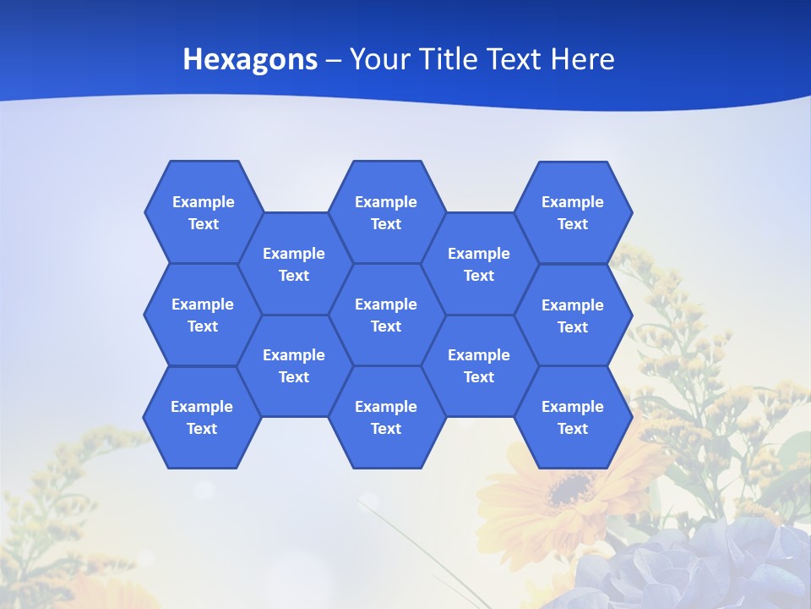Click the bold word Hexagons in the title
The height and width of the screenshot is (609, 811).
(250, 59)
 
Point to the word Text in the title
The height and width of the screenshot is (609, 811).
(515, 59)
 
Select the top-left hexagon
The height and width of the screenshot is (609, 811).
(203, 212)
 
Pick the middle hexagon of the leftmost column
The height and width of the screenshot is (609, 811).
(203, 315)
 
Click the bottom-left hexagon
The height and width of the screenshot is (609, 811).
(202, 417)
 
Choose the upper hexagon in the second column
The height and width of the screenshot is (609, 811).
(294, 264)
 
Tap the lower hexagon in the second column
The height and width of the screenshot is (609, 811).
(294, 365)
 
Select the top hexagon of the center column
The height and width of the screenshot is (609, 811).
(386, 212)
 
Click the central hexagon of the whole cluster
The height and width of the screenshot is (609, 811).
(386, 315)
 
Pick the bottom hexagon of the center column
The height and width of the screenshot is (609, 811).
(386, 417)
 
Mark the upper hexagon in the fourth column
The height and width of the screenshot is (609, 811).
(479, 264)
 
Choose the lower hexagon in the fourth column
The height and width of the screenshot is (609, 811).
(479, 365)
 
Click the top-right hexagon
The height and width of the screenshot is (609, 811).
(573, 212)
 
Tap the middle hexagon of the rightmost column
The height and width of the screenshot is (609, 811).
(573, 315)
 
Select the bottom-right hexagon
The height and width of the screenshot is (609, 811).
(573, 417)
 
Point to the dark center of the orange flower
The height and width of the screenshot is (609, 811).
(571, 488)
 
